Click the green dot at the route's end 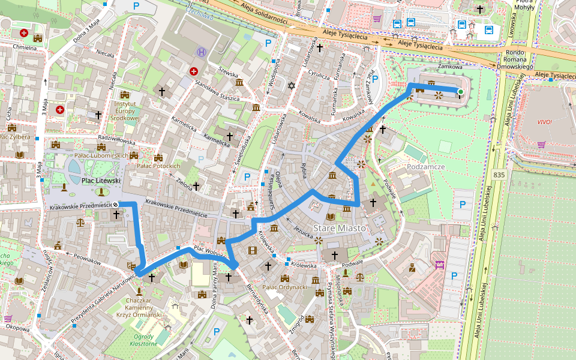(460, 92)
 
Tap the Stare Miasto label (340, 229)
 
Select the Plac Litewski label (101, 180)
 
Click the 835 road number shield (499, 175)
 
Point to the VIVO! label (545, 122)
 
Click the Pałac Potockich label (158, 166)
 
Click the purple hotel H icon (202, 52)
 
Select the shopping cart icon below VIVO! (541, 144)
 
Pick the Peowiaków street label (71, 257)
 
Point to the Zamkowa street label (451, 67)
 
